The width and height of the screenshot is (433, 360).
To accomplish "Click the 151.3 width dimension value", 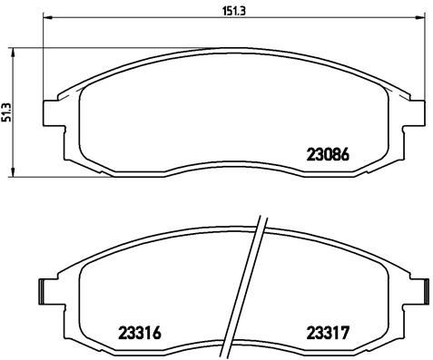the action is tap(234, 11).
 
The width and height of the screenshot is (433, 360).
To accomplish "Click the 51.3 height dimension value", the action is tap(6, 112).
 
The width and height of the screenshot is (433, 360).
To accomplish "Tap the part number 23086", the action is tap(328, 155).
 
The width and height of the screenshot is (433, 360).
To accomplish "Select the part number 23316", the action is tap(140, 333).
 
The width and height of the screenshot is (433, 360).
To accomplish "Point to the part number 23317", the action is tap(328, 333).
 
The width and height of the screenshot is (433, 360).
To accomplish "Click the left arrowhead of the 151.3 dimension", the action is tap(48, 18).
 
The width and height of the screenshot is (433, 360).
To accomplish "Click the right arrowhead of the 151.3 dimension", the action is tap(420, 18).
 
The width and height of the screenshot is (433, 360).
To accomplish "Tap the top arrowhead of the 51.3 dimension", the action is tap(13, 53).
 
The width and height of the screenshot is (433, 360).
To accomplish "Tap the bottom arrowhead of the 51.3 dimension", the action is tap(13, 171).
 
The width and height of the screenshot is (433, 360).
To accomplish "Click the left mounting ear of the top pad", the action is tap(54, 112).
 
